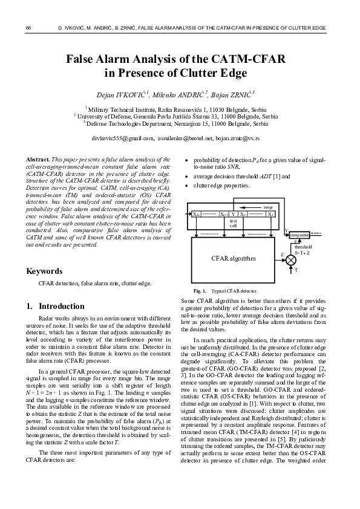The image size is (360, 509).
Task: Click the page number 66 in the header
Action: (x=28, y=28)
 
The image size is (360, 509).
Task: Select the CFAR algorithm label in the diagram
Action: (x=233, y=259)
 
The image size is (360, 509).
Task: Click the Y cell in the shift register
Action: (x=234, y=214)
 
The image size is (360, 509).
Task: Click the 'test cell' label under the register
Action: (x=233, y=223)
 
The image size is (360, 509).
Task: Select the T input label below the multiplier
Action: (x=296, y=270)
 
